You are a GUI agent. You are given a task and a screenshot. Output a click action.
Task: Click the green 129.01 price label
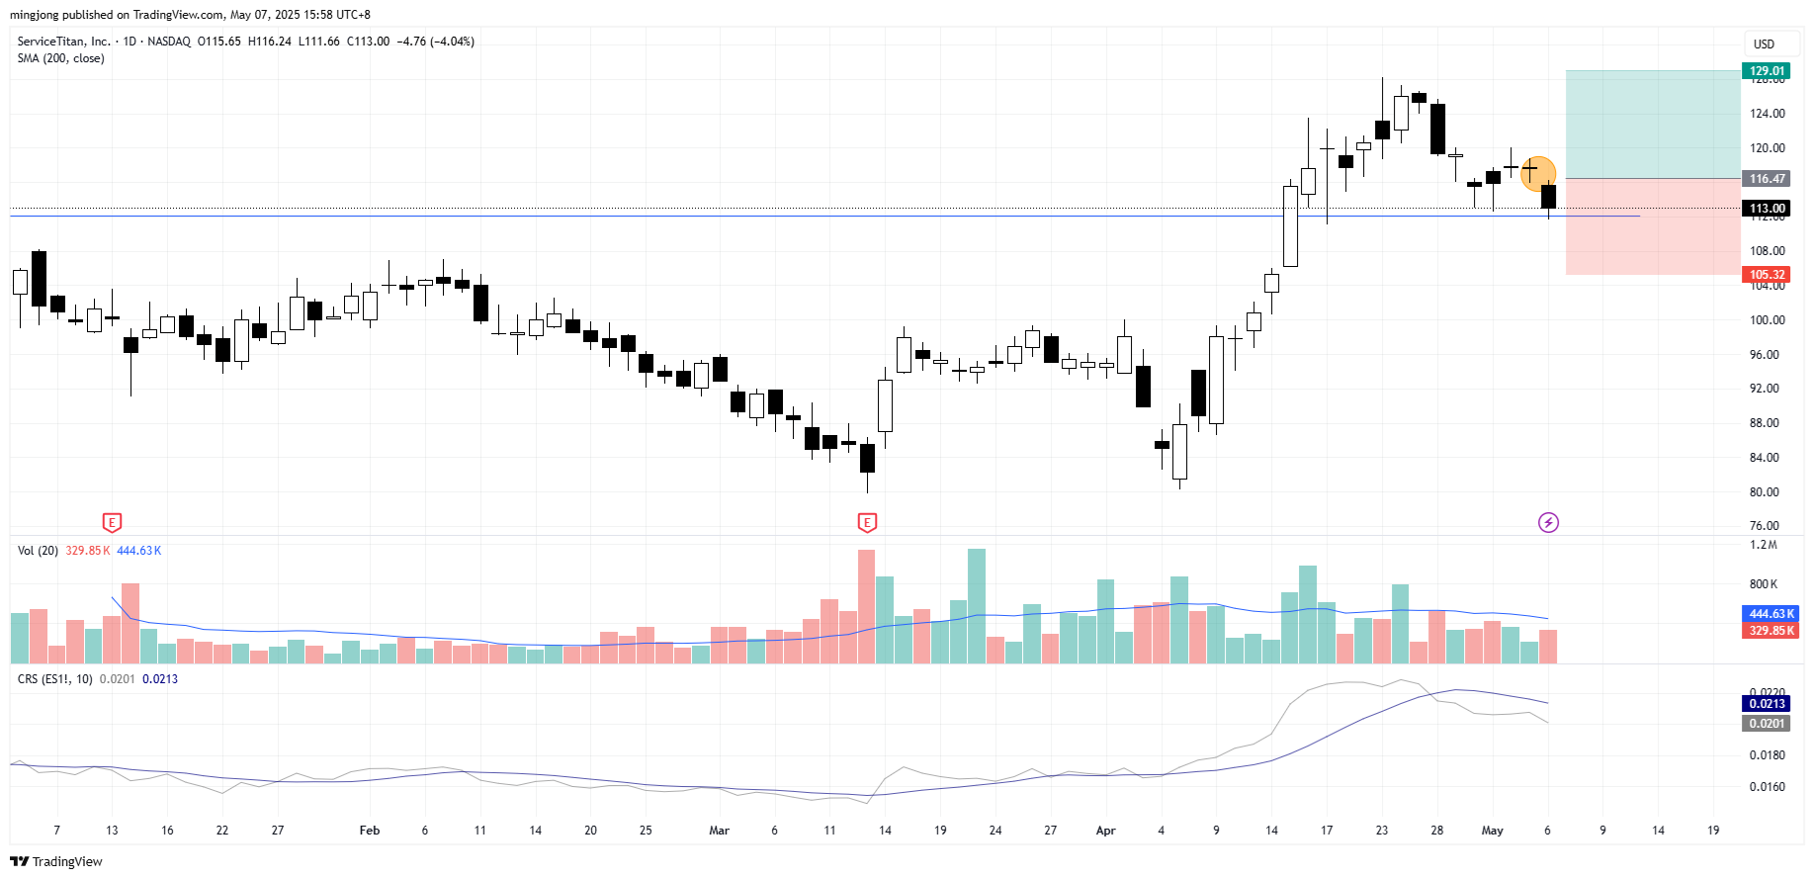1767,71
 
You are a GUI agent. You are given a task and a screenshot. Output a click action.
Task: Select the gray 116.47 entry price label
1767,179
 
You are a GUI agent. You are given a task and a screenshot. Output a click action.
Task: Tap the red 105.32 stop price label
1767,275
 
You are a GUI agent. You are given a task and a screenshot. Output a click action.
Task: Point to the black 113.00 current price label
1767,209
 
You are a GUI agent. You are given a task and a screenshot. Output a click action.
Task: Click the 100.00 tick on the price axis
1767,320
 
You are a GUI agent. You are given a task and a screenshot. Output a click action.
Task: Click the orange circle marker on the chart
1537,173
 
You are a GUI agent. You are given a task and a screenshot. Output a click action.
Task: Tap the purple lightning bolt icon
1548,522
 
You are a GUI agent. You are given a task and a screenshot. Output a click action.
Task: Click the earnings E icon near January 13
112,522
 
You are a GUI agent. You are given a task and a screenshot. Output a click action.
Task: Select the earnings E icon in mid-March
867,522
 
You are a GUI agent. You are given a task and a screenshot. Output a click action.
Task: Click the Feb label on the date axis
370,831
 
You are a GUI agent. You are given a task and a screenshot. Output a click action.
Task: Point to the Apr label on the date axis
1105,831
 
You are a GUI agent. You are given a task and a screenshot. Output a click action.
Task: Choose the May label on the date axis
1492,831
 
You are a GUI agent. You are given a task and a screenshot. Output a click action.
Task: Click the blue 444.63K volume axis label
1771,614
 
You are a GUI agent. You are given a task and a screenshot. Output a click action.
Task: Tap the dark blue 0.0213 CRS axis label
1767,704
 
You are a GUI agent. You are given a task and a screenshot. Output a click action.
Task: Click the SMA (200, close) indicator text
60,58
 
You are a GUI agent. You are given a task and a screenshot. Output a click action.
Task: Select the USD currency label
1764,44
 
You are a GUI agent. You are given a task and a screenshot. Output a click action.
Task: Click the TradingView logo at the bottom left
56,861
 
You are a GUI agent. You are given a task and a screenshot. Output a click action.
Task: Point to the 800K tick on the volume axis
1764,584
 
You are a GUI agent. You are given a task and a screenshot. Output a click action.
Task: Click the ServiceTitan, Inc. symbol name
63,42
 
